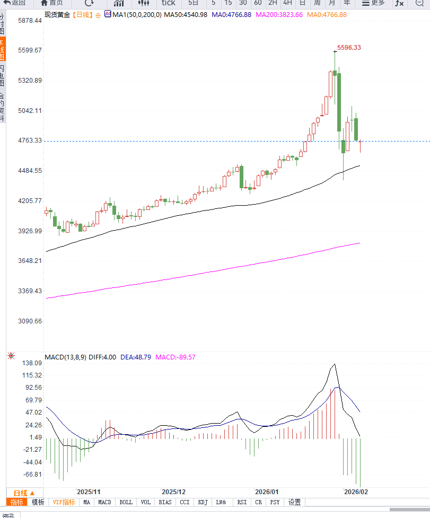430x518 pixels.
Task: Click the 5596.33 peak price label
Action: pos(349,48)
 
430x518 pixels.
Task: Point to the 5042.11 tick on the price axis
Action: pos(30,111)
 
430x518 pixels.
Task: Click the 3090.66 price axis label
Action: pos(30,321)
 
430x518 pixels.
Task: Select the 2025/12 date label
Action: pos(174,492)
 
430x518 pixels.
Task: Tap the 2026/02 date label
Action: pos(355,492)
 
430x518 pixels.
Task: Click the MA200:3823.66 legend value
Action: pos(279,14)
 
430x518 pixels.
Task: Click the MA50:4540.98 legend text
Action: pos(186,14)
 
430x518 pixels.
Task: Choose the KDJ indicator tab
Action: pos(203,502)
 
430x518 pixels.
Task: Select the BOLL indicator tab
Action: pos(126,502)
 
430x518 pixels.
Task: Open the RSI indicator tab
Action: pos(242,502)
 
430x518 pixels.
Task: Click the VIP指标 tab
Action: pos(63,502)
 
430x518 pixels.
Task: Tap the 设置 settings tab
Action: pos(295,502)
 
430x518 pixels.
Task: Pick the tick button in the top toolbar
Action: pos(169,3)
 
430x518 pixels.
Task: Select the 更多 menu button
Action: pos(373,3)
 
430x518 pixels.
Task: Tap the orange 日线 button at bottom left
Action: pos(24,493)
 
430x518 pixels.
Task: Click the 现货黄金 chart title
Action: pos(57,14)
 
